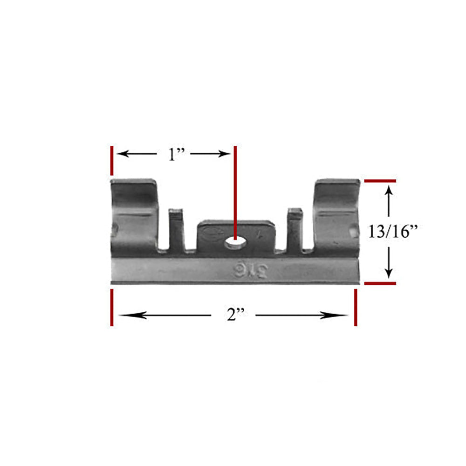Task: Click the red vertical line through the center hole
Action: coord(235,186)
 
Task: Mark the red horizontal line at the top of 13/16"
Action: coord(380,180)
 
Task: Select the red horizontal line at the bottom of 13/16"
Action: coord(380,283)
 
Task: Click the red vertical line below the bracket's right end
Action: coord(356,308)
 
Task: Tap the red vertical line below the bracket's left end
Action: coord(111,308)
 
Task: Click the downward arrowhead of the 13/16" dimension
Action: coord(389,273)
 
